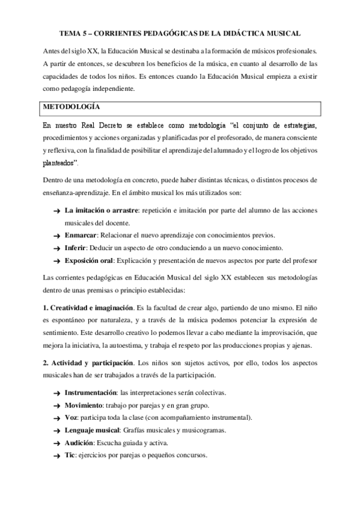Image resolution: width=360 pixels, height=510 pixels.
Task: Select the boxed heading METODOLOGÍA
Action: (x=71, y=106)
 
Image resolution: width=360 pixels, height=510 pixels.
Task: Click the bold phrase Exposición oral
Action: (x=89, y=260)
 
